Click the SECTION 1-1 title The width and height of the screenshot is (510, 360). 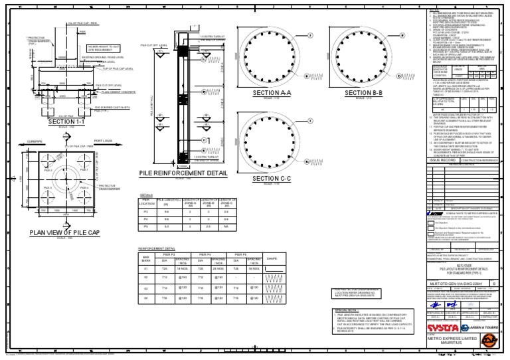(69, 121)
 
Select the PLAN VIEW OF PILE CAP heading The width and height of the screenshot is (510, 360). (64, 232)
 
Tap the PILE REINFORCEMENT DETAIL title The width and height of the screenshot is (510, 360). (178, 173)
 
